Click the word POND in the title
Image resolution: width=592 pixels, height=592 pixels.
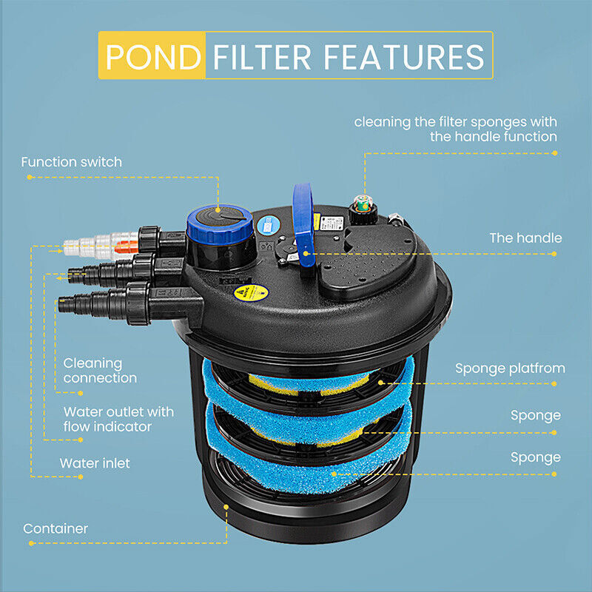click(151, 56)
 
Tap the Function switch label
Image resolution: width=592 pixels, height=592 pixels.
click(71, 161)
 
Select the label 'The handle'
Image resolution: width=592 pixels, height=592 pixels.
click(525, 238)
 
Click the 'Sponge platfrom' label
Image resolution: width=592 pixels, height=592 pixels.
click(510, 368)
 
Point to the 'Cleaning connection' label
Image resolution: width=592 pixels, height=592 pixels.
click(100, 370)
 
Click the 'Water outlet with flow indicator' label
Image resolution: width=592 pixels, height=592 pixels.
click(118, 419)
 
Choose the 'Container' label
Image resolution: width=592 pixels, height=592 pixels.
click(55, 528)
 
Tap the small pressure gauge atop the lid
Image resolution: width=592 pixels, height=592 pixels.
click(363, 203)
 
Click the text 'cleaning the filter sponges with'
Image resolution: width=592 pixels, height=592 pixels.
click(455, 121)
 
